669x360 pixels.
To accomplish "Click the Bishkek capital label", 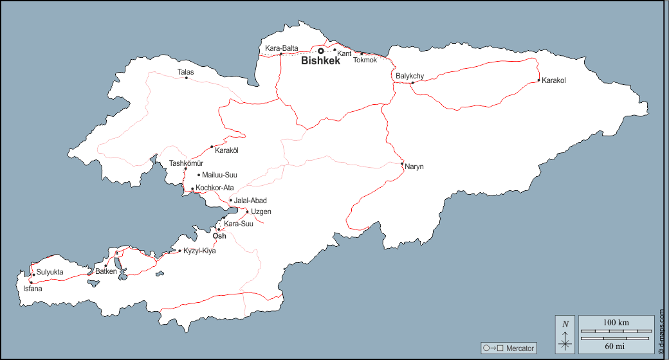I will (x=320, y=62).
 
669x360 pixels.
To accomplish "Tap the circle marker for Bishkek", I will (x=321, y=51).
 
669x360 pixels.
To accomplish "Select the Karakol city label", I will (x=553, y=81).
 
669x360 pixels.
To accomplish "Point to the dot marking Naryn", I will (x=402, y=164).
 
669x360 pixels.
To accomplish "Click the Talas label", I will (x=185, y=72).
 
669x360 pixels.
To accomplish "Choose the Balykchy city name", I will (x=410, y=76).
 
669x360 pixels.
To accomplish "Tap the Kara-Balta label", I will (x=282, y=48).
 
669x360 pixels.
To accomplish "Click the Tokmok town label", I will (x=365, y=60).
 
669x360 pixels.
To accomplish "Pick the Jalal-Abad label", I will (x=250, y=201).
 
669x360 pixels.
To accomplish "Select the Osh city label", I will (x=219, y=235).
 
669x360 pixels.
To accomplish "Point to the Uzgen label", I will (x=261, y=212).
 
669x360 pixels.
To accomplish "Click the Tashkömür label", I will (x=186, y=163).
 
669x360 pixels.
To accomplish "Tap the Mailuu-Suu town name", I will (x=220, y=175).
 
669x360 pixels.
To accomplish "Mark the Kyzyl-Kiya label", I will (x=200, y=251).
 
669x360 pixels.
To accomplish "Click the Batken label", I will (x=106, y=271).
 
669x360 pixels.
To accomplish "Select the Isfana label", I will (x=33, y=289).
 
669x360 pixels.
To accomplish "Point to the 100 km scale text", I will (x=616, y=322).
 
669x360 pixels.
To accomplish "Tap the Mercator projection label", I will (x=520, y=348).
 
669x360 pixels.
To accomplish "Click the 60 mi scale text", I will (x=616, y=346).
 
